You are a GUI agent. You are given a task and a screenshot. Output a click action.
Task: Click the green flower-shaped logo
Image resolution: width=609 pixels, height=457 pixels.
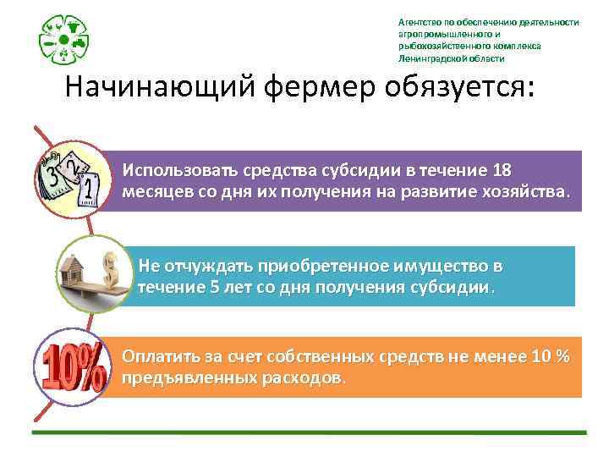(64, 39)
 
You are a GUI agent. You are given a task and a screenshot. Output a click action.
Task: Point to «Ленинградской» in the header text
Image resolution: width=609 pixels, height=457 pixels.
(435, 59)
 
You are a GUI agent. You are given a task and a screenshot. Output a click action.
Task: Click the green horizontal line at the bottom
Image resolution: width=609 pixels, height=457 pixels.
(309, 432)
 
